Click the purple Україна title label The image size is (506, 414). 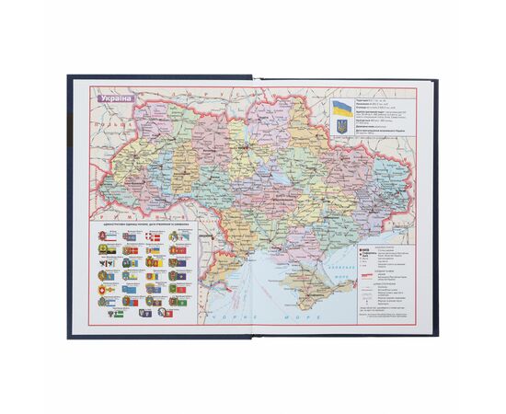click(115, 98)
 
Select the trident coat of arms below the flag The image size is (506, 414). click(339, 121)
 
